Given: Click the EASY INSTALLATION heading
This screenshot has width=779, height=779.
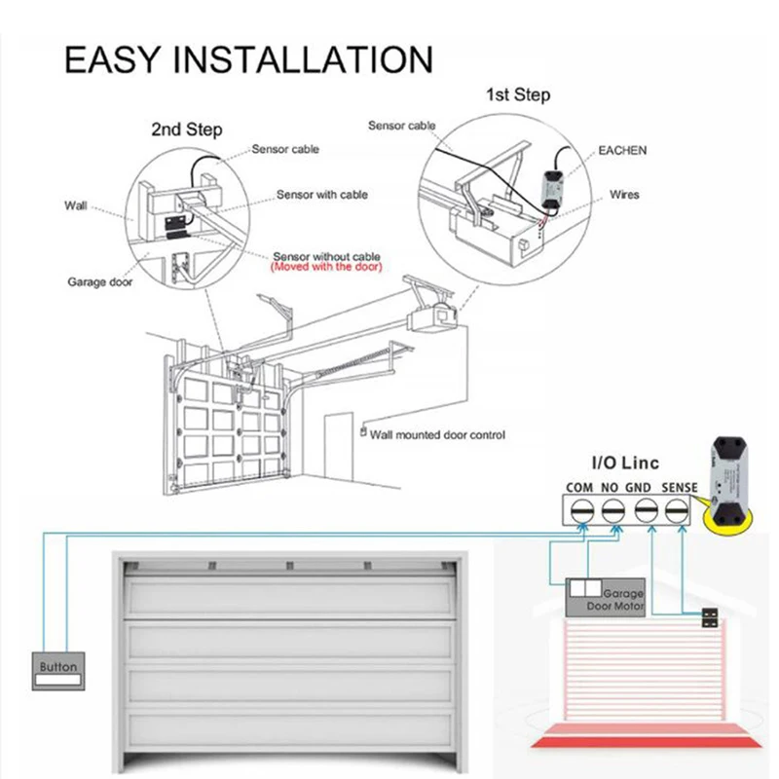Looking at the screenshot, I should (x=248, y=59).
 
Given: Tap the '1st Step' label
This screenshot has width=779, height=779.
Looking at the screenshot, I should (x=517, y=94).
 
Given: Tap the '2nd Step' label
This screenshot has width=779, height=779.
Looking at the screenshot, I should (x=186, y=130).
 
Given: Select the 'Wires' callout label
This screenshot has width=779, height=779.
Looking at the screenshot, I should (x=624, y=195).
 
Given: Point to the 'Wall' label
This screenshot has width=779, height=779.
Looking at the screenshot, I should (x=76, y=205).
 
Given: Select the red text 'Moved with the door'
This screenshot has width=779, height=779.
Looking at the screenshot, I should (x=326, y=267).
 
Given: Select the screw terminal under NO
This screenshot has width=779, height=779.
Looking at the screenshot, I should (x=613, y=509).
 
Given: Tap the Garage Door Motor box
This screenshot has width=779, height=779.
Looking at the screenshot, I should (x=606, y=595).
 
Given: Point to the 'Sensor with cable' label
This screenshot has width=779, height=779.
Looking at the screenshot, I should (x=321, y=195).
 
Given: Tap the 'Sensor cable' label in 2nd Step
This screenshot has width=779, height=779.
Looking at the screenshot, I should (x=284, y=149).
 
